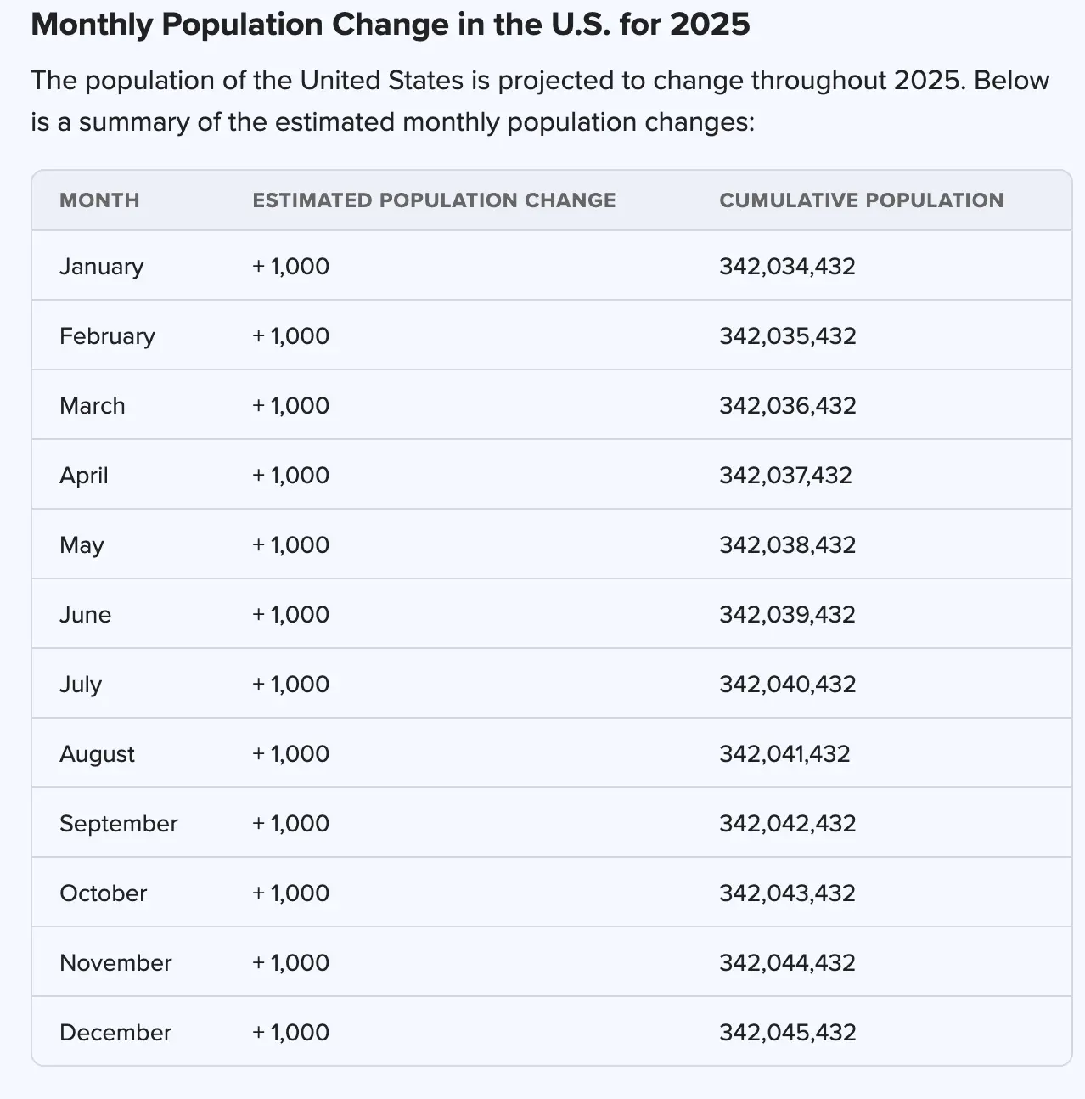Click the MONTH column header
point(99,200)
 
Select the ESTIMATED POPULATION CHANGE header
point(434,200)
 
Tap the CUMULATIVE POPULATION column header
point(861,200)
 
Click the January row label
point(101,267)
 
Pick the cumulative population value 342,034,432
point(787,267)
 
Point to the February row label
point(107,336)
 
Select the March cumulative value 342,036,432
point(787,406)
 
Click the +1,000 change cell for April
point(290,476)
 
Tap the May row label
point(82,545)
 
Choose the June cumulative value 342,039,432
point(787,615)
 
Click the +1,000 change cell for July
point(290,685)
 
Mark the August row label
point(97,754)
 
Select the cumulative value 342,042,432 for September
point(787,824)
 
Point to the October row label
point(103,893)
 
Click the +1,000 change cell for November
point(290,963)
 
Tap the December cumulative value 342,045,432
point(787,1033)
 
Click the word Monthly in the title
point(91,25)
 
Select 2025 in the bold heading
point(709,25)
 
